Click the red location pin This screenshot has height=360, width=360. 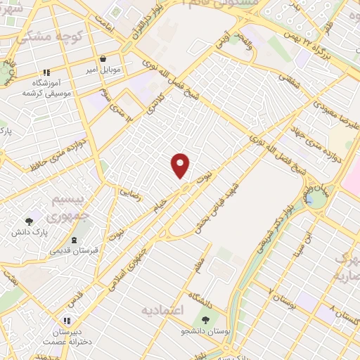point(181,165)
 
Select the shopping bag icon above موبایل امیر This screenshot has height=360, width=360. point(103,60)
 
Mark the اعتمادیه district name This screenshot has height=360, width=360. point(162,310)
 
